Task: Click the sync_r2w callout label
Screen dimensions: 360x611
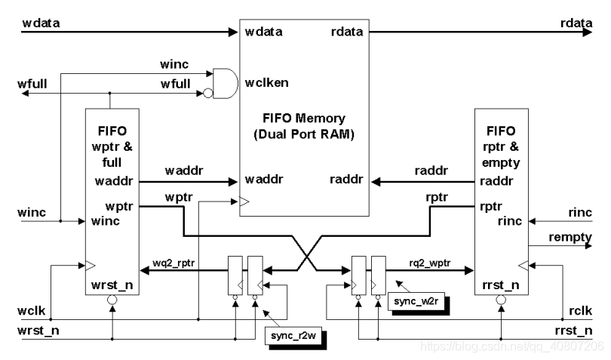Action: coord(293,337)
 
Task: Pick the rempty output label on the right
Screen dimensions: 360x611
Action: coord(570,238)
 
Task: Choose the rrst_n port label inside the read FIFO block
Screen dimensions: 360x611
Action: coord(498,285)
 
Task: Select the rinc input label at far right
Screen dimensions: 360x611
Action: coord(579,213)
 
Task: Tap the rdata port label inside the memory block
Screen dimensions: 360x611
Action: coord(348,32)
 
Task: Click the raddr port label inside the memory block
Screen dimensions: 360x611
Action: coord(347,180)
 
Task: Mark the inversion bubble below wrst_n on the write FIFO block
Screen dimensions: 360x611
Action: coord(112,300)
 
